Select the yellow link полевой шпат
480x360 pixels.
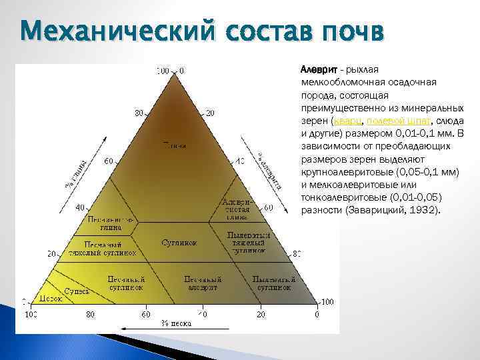(x=399, y=120)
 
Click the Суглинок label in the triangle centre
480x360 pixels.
(x=179, y=243)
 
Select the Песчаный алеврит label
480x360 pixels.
(x=201, y=283)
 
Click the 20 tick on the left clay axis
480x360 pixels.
(x=50, y=254)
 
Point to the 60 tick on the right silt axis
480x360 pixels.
(x=268, y=208)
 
